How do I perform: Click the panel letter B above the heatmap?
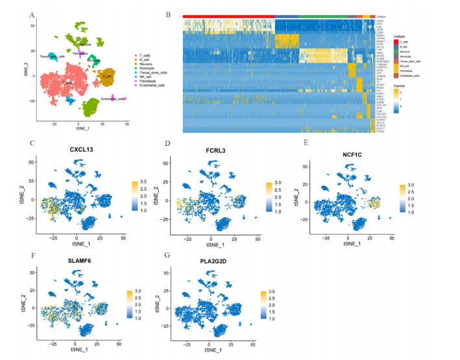[x=168, y=14]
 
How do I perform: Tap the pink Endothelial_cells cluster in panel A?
[x=114, y=98]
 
